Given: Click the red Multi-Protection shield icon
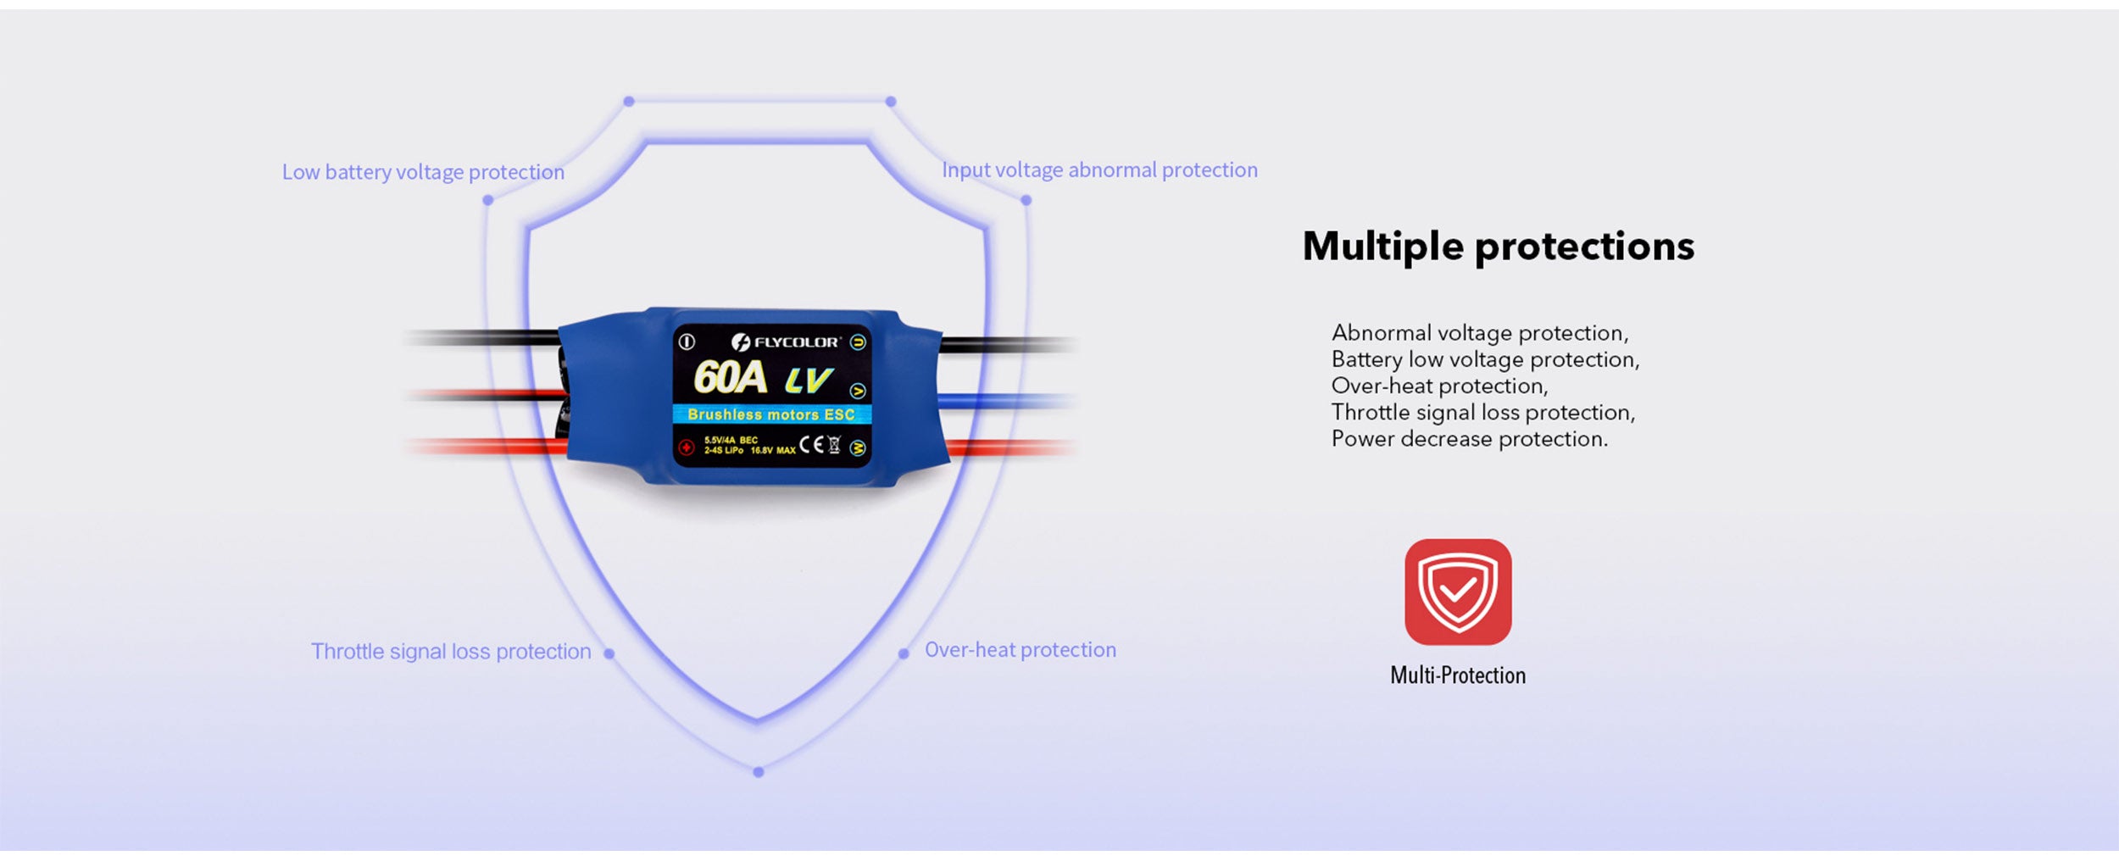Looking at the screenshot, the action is point(1458,592).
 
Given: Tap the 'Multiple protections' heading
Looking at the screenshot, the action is point(1499,247).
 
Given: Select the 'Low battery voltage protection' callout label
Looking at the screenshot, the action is point(423,172).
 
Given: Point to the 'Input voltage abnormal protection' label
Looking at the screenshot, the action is point(1100,170).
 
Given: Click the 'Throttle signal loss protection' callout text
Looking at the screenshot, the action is point(451,651).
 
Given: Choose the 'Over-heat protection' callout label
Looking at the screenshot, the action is point(1021,649).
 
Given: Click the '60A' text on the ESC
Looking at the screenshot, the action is point(730,378).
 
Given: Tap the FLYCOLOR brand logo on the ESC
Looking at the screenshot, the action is point(785,342).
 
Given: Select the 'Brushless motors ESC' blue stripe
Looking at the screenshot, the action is point(771,414).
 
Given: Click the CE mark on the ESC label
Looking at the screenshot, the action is point(811,445).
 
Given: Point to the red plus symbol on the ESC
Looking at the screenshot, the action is point(687,447).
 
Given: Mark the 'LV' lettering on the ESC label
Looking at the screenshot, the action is point(809,381).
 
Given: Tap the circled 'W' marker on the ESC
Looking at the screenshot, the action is point(858,447).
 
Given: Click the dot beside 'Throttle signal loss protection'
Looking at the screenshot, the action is point(609,653).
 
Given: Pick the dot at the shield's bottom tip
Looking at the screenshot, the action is point(759,772).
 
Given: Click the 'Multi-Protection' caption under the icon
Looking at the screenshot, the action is point(1458,675).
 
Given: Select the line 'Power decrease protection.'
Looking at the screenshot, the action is point(1469,439).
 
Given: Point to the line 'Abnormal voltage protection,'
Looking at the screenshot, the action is point(1480,333).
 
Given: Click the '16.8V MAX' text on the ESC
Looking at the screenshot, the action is point(773,451).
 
